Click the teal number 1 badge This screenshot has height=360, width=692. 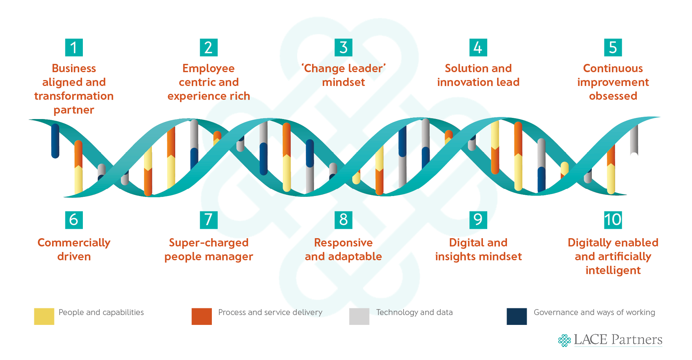click(x=74, y=48)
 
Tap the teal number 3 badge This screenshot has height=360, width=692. click(x=343, y=48)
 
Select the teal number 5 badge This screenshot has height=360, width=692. click(x=613, y=48)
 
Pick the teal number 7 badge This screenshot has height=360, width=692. click(x=209, y=220)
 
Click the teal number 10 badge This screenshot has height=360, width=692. click(x=613, y=220)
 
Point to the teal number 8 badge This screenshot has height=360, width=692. click(x=343, y=220)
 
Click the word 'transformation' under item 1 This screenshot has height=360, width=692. click(x=74, y=96)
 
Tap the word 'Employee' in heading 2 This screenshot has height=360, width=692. click(x=208, y=69)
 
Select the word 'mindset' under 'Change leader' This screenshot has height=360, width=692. click(x=343, y=82)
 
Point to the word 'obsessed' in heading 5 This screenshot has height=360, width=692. click(x=613, y=96)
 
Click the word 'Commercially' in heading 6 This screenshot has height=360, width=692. click(x=74, y=243)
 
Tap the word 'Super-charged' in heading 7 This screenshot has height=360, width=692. click(x=209, y=243)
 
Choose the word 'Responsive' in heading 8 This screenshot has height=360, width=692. click(x=343, y=243)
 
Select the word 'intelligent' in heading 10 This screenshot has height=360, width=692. click(x=613, y=270)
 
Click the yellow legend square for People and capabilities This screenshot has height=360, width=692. click(x=44, y=316)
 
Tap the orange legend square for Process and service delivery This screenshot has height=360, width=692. click(x=202, y=316)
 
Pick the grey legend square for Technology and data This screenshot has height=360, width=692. click(x=359, y=316)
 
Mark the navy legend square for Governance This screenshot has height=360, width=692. click(x=516, y=316)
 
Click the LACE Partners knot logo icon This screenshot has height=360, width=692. click(x=565, y=340)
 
